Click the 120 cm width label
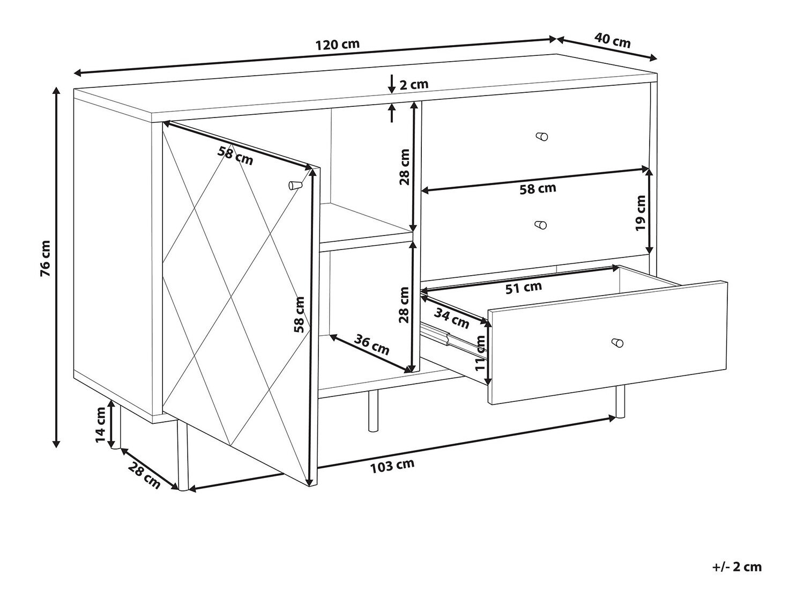coord(337,45)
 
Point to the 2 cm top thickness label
coord(414,85)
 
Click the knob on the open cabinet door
coord(294,185)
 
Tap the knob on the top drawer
coord(542,136)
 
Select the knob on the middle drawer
coord(541,225)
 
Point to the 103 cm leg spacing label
coord(392,465)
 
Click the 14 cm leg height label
coord(100,424)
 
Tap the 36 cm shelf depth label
coord(371,344)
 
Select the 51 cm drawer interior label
coord(524,288)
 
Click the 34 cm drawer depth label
coord(452,318)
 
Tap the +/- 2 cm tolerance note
coord(737,567)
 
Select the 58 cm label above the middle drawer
coord(538,189)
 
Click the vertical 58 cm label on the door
coord(299,314)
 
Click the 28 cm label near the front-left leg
coord(144,475)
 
